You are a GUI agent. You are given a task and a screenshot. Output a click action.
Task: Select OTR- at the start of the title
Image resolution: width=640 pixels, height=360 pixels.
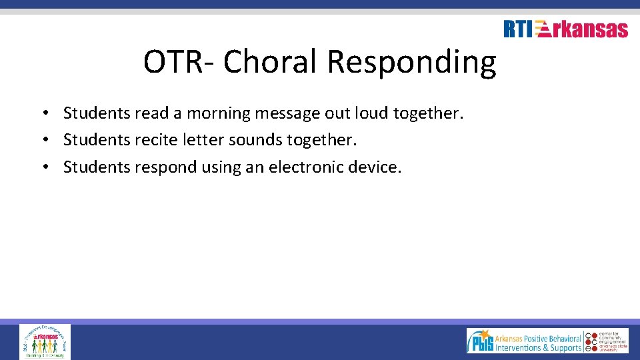point(179,62)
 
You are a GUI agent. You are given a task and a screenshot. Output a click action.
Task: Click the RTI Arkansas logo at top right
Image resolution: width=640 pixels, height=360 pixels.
point(565,29)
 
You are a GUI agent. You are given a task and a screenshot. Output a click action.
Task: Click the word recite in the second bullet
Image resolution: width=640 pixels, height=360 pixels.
point(157,140)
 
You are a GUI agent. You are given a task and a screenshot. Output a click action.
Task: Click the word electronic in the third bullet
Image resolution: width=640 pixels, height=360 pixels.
point(307,167)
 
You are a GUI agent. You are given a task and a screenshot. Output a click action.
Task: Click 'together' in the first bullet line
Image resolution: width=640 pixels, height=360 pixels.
point(427,114)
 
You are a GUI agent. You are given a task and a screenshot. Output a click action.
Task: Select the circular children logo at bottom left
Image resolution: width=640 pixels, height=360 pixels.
point(45,341)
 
